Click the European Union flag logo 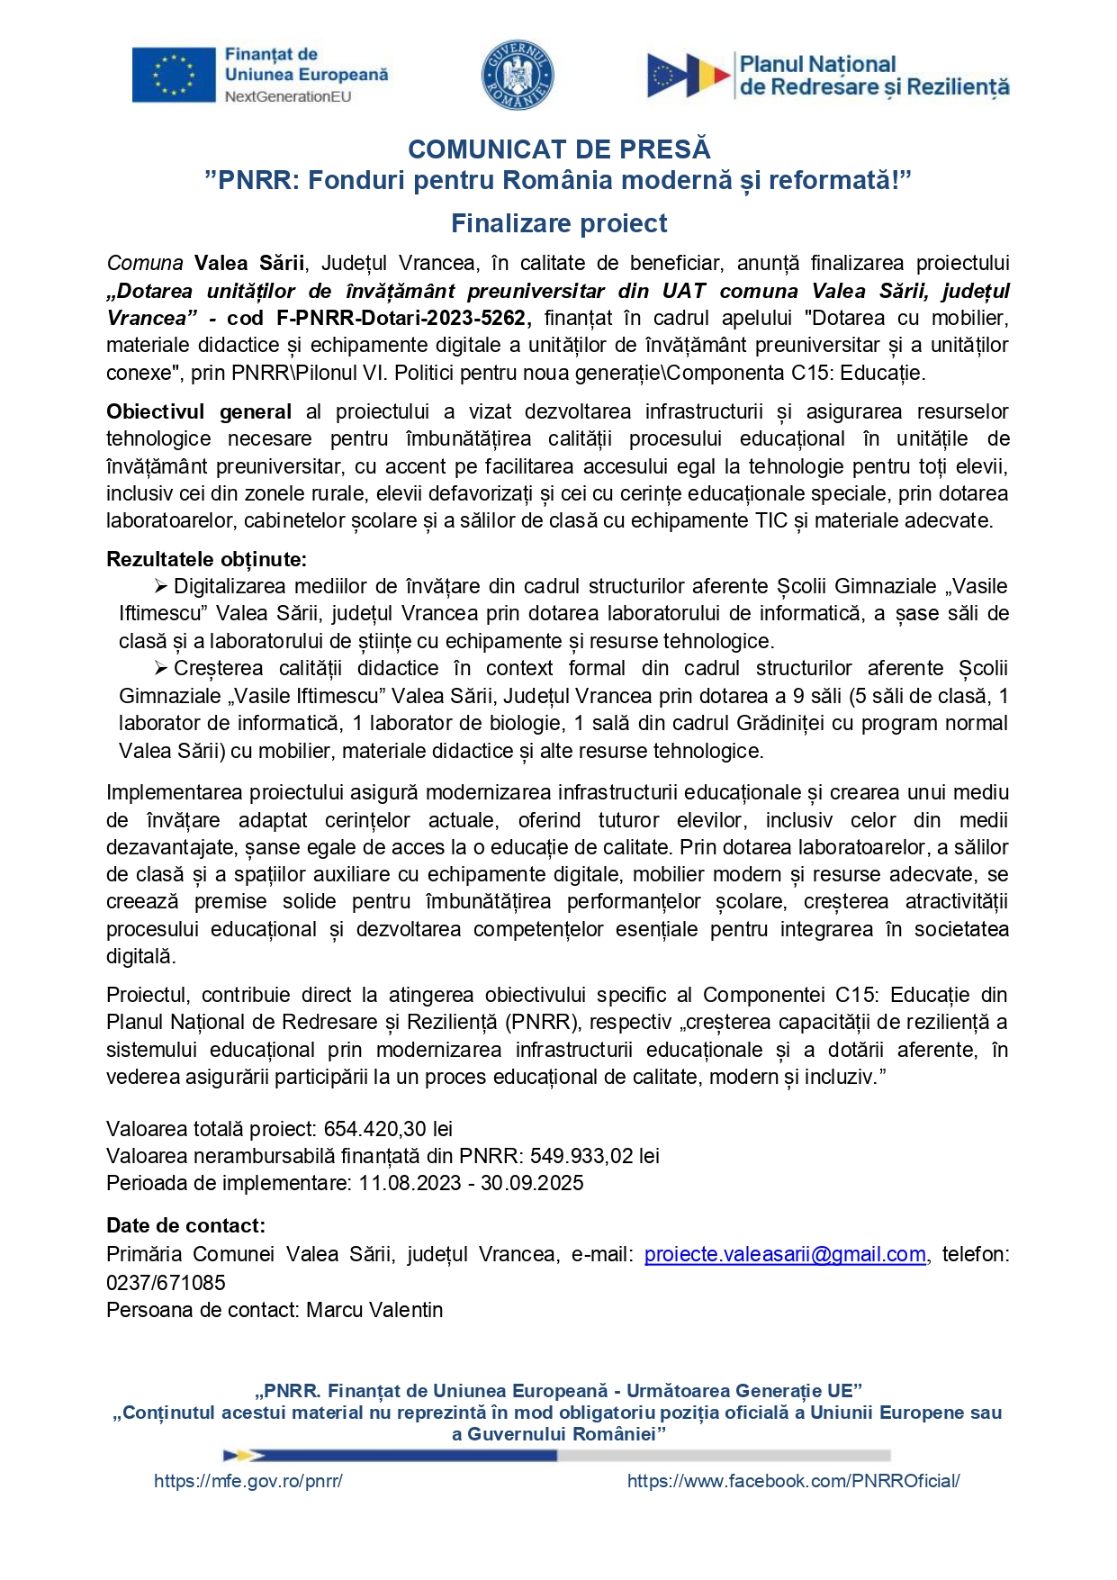click(174, 75)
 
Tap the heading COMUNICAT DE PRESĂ click(559, 149)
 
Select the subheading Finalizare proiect click(559, 223)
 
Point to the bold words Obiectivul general click(198, 411)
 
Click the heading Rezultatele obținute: click(206, 559)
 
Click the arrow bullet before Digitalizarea click(160, 587)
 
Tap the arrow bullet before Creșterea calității click(160, 669)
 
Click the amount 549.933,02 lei click(594, 1156)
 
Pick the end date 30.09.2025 click(532, 1183)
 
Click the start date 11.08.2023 click(410, 1183)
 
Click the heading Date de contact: click(185, 1225)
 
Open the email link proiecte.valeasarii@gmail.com click(785, 1254)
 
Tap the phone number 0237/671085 click(166, 1282)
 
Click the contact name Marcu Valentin click(374, 1310)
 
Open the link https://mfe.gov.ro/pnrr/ click(248, 1481)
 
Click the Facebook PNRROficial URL click(793, 1481)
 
